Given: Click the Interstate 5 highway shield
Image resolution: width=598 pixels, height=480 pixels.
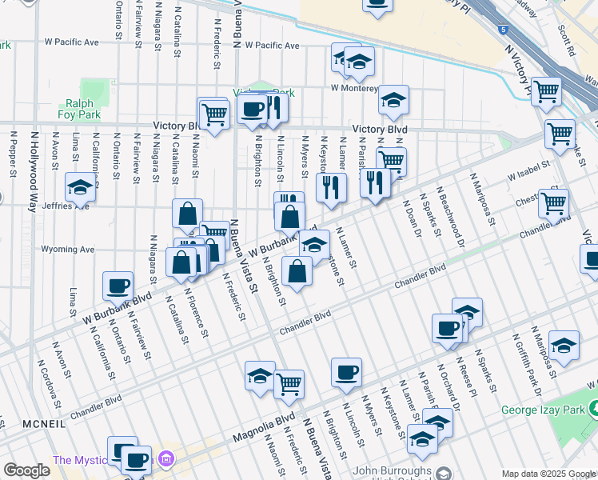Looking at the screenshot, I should (502, 30).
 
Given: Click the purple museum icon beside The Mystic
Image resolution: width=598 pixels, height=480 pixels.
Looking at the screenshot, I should (166, 459).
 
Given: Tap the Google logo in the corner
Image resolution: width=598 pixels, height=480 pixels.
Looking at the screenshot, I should (26, 470).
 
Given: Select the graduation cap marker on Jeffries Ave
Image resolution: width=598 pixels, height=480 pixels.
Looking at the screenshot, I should (80, 187).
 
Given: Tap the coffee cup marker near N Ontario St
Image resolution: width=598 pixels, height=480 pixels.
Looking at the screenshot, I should (118, 286).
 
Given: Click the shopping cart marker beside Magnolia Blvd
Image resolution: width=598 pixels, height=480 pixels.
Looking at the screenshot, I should (289, 384).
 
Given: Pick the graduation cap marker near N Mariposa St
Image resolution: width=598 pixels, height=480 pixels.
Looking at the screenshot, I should (564, 345).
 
